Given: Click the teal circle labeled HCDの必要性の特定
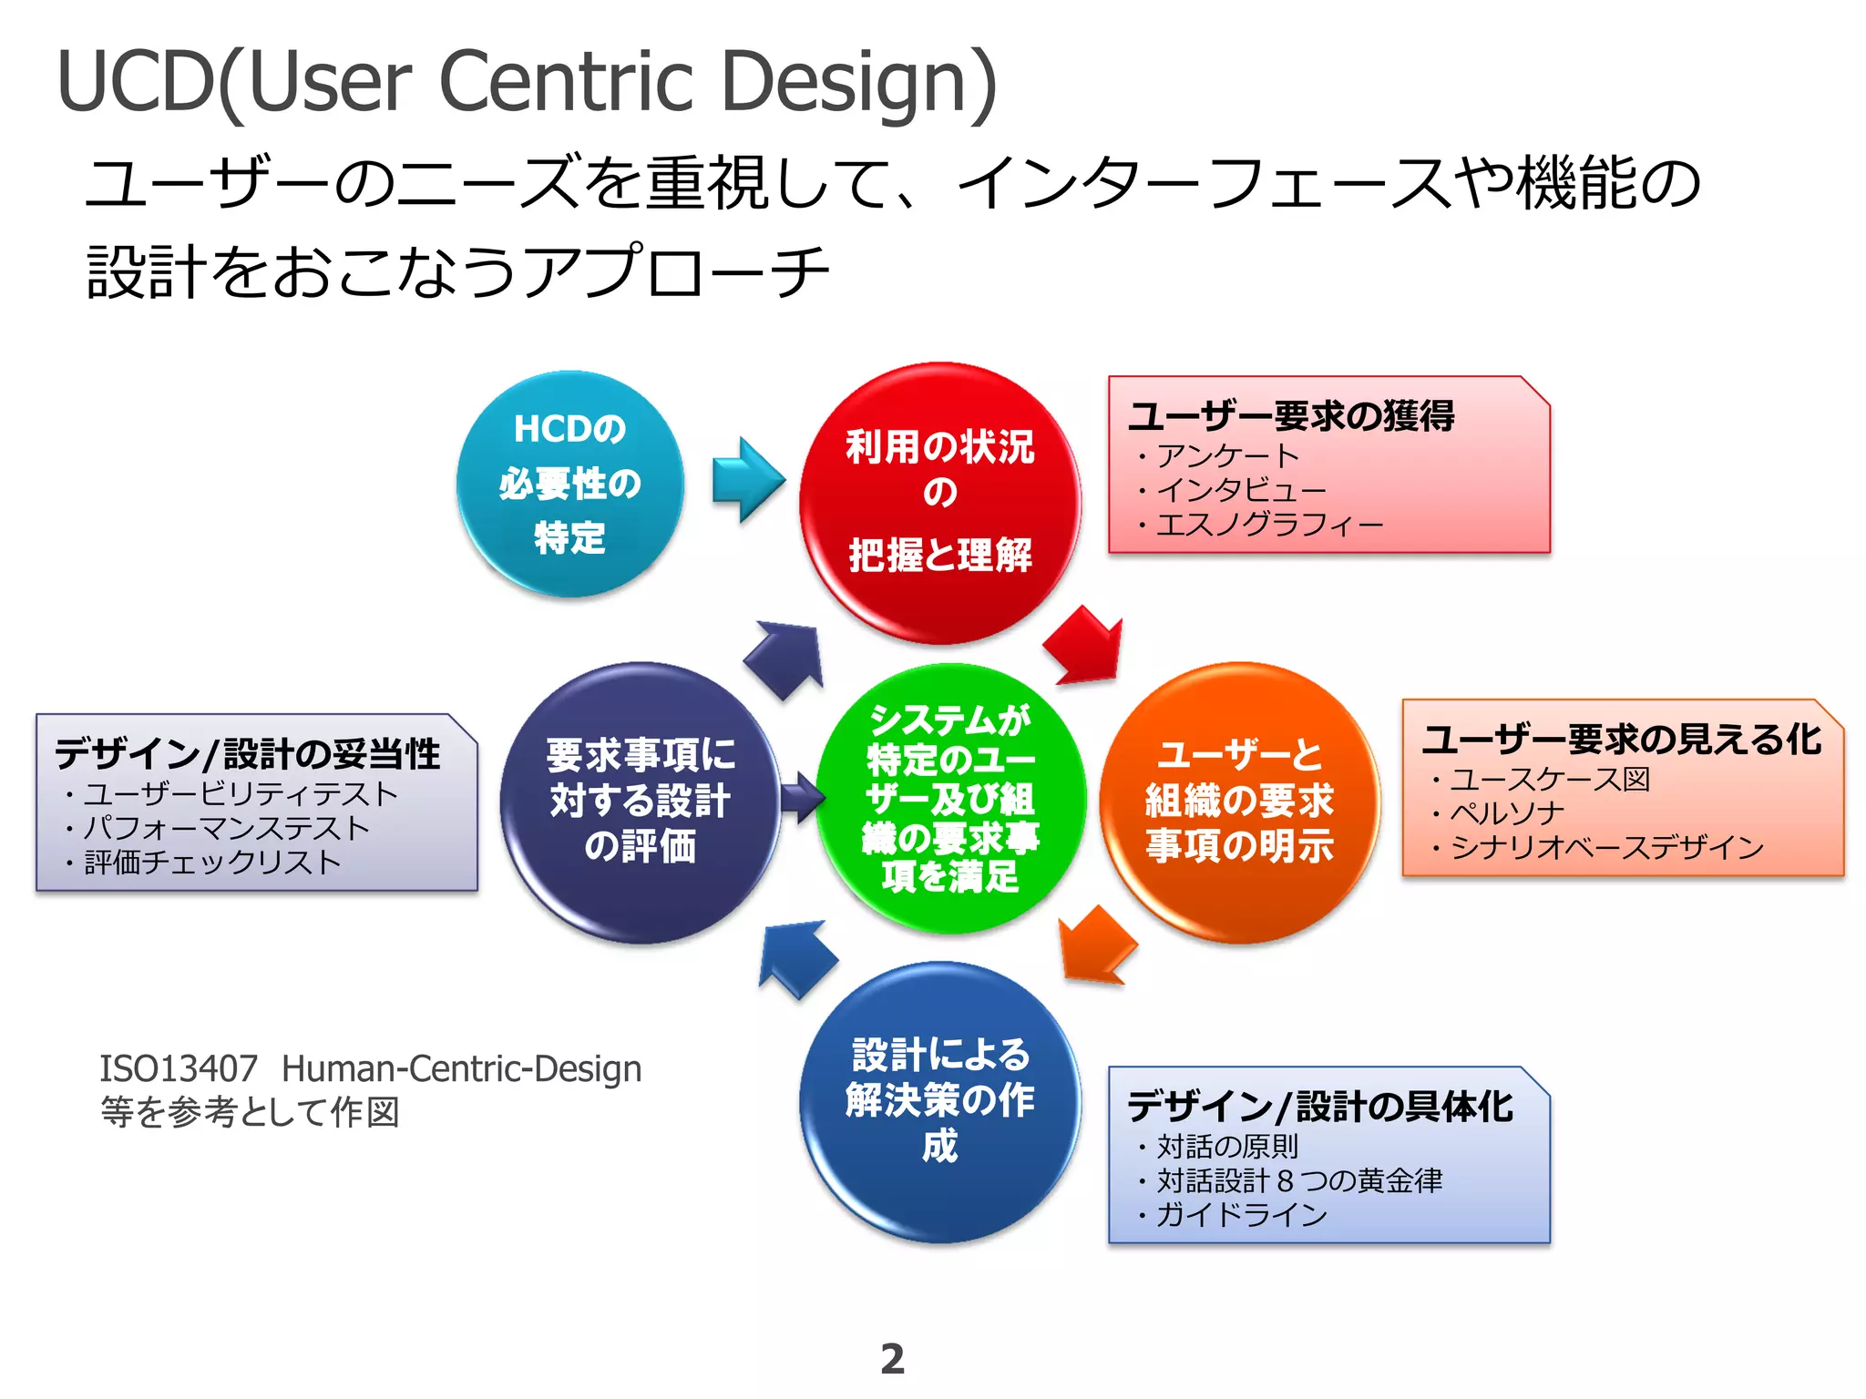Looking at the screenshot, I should pos(569,484).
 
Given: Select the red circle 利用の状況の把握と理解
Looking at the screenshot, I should pos(939,503).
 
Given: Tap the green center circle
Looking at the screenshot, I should pos(950,799).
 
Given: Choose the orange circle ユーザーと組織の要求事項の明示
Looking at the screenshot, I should pos(1239,802).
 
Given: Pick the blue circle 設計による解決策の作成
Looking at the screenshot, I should pos(939,1101).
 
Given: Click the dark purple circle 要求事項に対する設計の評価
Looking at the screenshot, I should pos(640,802).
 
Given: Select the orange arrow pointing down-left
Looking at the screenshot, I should pos(1096,947).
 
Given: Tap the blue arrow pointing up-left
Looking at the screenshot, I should pos(795,956).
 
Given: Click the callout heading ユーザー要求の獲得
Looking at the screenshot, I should pos(1291,416).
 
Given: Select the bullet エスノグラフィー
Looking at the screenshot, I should pos(1269,525).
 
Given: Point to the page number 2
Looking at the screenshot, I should pos(893,1359).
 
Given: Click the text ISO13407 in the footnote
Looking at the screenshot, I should pos(179,1068).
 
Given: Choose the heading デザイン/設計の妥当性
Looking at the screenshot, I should pos(248,754).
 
